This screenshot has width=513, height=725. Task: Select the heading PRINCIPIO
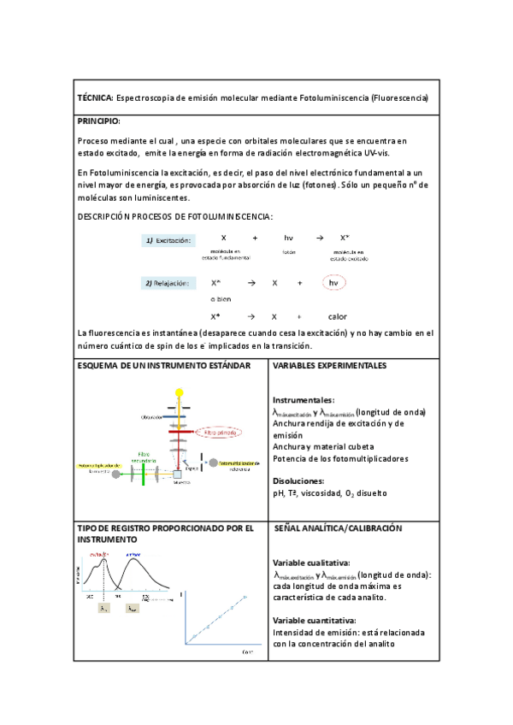click(99, 121)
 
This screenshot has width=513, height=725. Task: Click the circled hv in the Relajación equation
click(334, 282)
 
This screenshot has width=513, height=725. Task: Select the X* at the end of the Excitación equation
click(345, 237)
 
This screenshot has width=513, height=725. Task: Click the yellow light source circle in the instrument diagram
click(180, 392)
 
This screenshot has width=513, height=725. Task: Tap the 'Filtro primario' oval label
click(221, 433)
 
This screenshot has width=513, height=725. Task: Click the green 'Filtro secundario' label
click(148, 457)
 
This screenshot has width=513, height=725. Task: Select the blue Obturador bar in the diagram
click(180, 417)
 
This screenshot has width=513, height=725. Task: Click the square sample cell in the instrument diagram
click(180, 473)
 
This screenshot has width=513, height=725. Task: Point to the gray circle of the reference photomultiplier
click(212, 462)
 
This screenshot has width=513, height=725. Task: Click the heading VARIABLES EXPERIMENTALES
click(329, 366)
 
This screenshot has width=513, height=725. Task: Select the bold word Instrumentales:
click(303, 400)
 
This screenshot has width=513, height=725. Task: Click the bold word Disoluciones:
click(298, 480)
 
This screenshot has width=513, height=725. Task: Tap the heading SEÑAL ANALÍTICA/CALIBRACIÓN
click(338, 529)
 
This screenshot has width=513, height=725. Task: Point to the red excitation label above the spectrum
click(99, 555)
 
